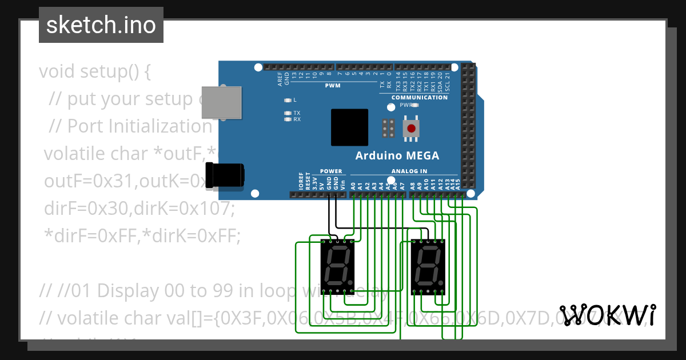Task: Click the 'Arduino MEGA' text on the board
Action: pyautogui.click(x=397, y=155)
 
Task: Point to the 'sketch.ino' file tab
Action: pyautogui.click(x=101, y=25)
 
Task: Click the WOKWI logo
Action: pyautogui.click(x=608, y=315)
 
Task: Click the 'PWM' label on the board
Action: pyautogui.click(x=333, y=86)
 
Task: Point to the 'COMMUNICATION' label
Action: pyautogui.click(x=420, y=98)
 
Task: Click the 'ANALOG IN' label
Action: pyautogui.click(x=409, y=171)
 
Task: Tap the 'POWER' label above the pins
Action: pyautogui.click(x=331, y=171)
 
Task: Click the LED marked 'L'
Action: pyautogui.click(x=288, y=99)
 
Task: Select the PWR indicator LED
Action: pyautogui.click(x=416, y=105)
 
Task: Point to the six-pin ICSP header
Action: pyautogui.click(x=389, y=129)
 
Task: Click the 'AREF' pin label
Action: pyautogui.click(x=280, y=78)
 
